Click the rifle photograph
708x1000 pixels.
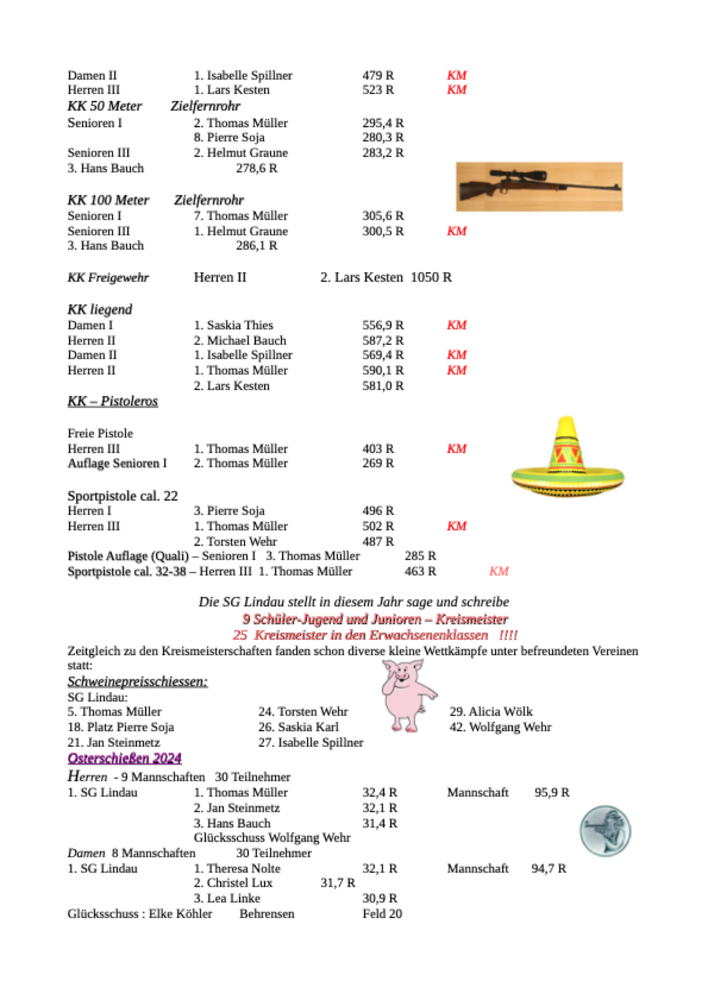tap(539, 186)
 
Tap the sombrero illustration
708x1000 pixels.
tap(567, 458)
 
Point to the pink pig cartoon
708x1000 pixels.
tap(406, 695)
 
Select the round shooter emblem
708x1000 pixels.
tap(605, 830)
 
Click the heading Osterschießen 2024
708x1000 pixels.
tap(124, 758)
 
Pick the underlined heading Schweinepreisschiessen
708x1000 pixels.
tap(137, 681)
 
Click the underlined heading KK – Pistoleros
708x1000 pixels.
tap(112, 401)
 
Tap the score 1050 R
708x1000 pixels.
tap(431, 277)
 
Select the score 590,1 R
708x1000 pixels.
tap(382, 370)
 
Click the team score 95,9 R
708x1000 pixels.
tap(551, 792)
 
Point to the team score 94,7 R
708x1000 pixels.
tap(548, 868)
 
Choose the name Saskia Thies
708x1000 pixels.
tap(239, 325)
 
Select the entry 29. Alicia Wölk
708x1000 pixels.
tap(490, 711)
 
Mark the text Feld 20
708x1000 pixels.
tap(382, 914)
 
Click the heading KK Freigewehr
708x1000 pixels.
tap(108, 278)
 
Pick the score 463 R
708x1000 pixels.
tap(420, 571)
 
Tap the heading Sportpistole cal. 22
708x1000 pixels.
tap(122, 496)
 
